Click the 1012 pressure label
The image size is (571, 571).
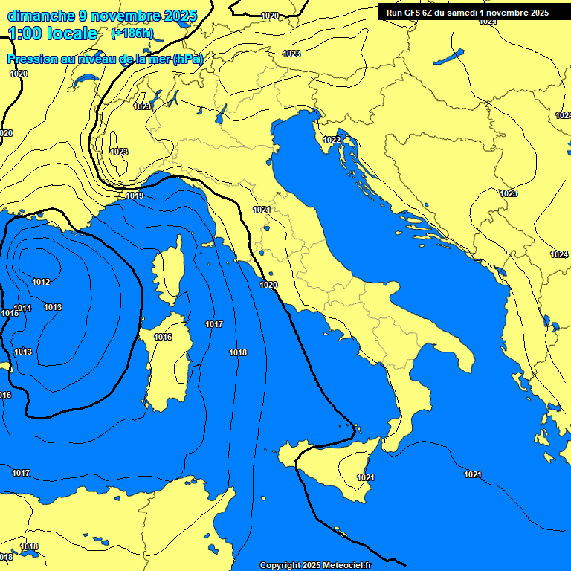click(x=41, y=282)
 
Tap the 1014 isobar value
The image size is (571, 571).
click(x=22, y=308)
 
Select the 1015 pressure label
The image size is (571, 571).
click(x=9, y=314)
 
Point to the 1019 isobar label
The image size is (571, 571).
click(x=135, y=196)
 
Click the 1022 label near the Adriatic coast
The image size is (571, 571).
click(x=332, y=140)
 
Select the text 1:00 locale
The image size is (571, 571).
click(x=54, y=33)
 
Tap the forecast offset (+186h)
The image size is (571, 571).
click(x=133, y=33)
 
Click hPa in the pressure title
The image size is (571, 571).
click(x=187, y=59)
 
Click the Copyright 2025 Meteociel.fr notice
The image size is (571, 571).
click(x=315, y=565)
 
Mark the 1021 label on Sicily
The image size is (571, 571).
click(x=366, y=477)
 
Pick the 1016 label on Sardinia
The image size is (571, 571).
click(x=163, y=337)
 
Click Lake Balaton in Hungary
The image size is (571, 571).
click(x=448, y=57)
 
